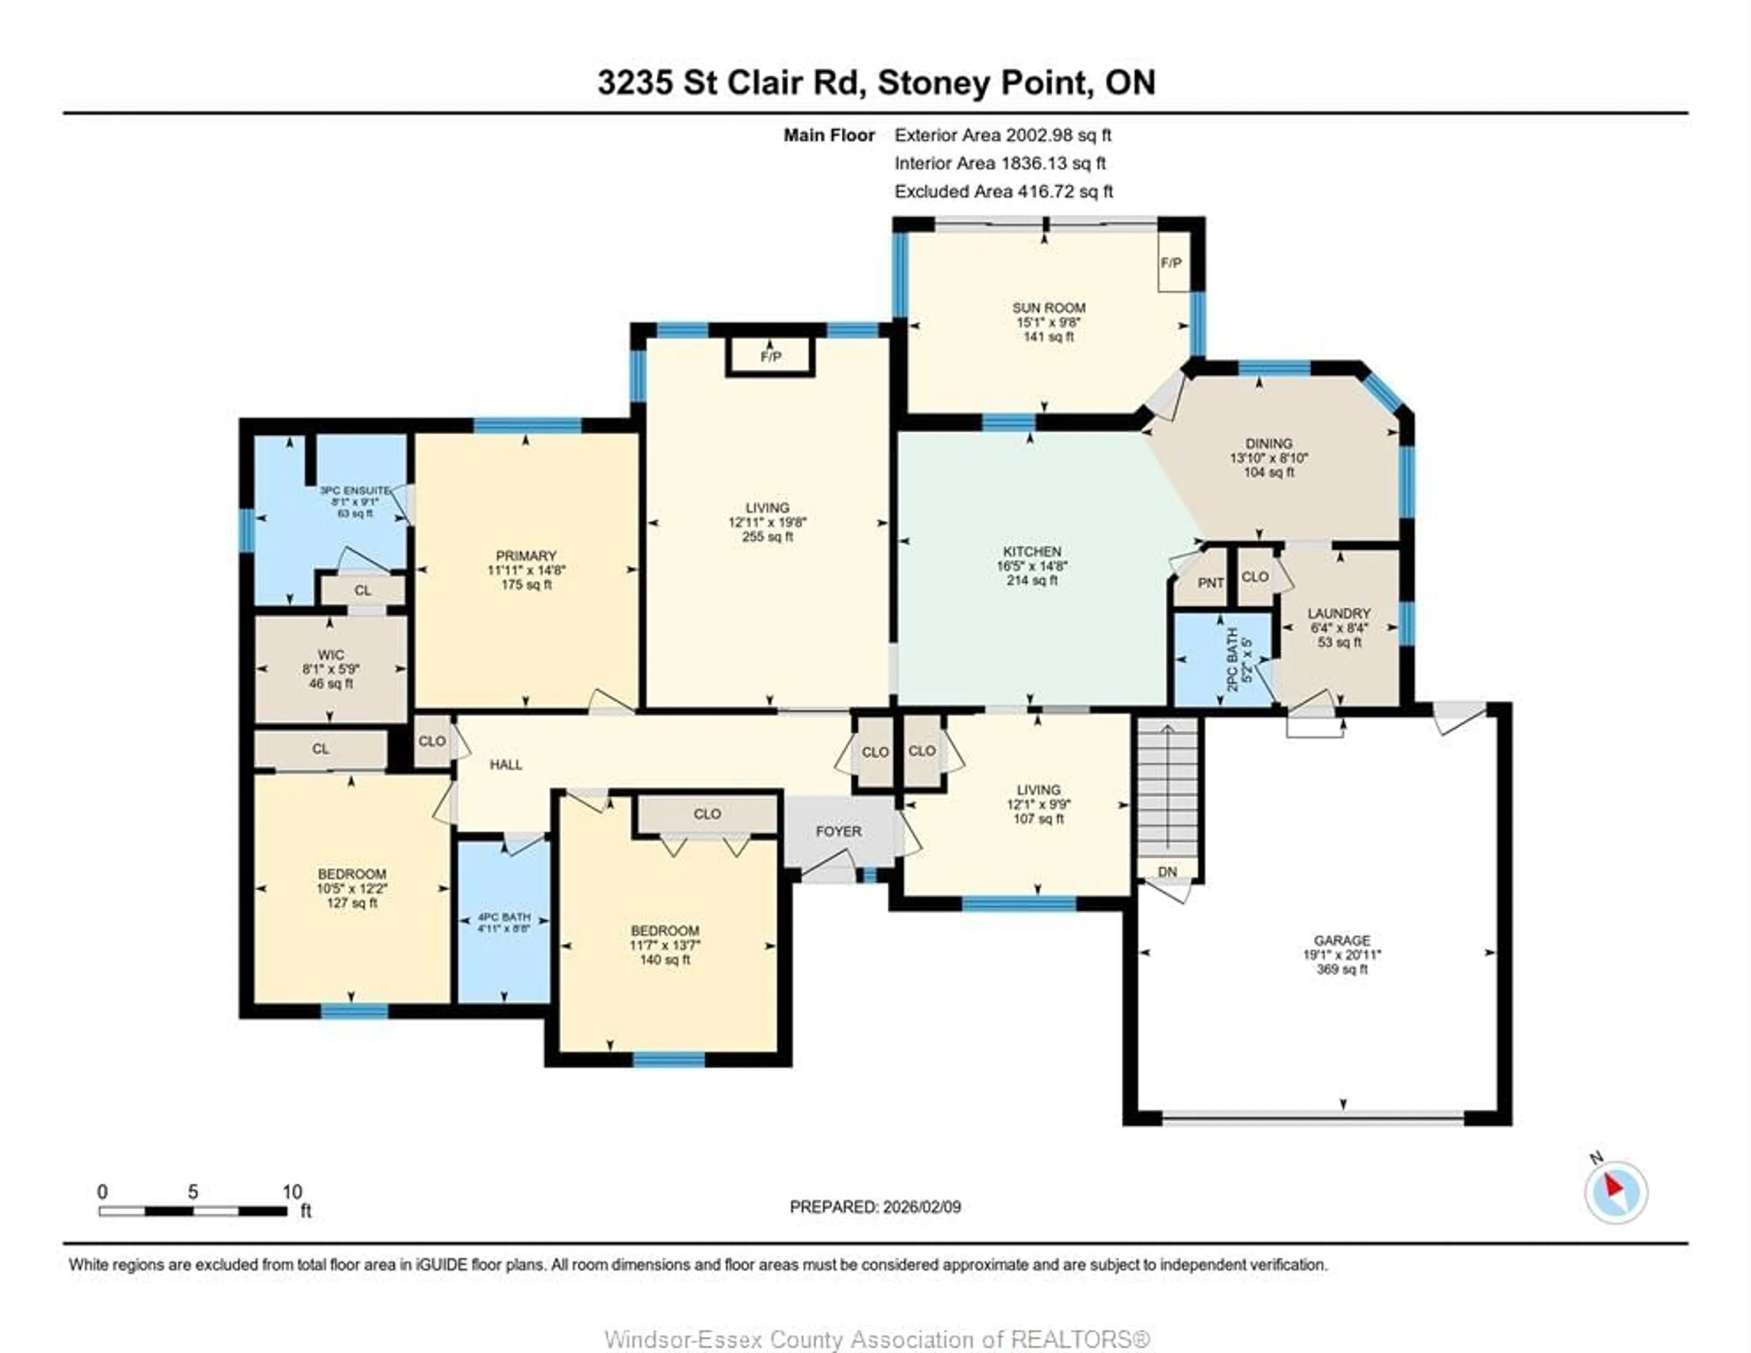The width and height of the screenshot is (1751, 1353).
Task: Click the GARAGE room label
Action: point(1342,940)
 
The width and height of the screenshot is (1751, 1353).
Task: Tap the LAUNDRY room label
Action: point(1338,613)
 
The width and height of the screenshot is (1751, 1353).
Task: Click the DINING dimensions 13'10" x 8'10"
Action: point(1269,458)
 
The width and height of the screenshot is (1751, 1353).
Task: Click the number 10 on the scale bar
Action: point(292,1192)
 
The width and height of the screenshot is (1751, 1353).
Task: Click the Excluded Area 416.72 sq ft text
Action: point(1003,192)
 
